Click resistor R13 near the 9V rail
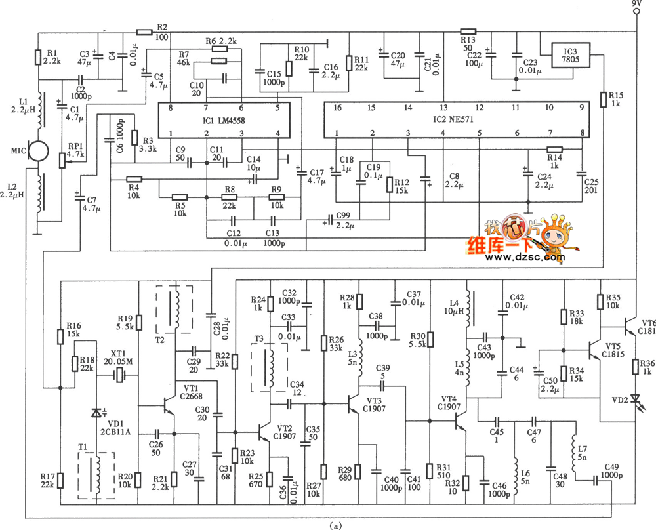tap(468, 31)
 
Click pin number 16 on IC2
tap(336, 106)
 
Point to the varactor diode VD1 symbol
tap(97, 414)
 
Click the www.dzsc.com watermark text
tap(525, 258)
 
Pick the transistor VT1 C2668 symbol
tap(169, 407)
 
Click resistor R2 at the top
tap(144, 31)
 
